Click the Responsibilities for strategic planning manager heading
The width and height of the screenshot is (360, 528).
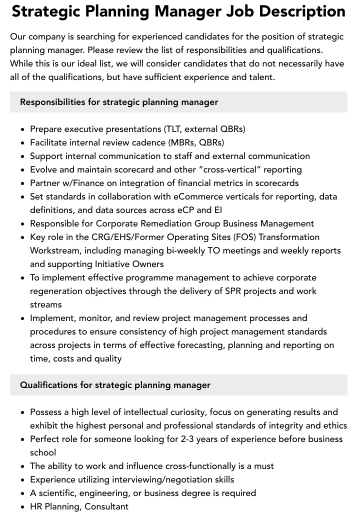pyautogui.click(x=119, y=102)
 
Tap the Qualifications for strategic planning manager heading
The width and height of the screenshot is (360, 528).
pyautogui.click(x=115, y=385)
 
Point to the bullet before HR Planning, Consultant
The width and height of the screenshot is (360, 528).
pyautogui.click(x=23, y=507)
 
